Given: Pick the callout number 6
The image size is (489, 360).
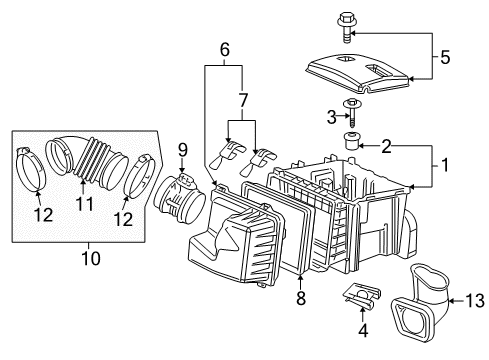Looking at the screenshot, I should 225,49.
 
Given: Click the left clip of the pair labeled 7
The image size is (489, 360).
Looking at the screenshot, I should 227,155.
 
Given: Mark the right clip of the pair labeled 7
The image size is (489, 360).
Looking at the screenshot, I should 265,158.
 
